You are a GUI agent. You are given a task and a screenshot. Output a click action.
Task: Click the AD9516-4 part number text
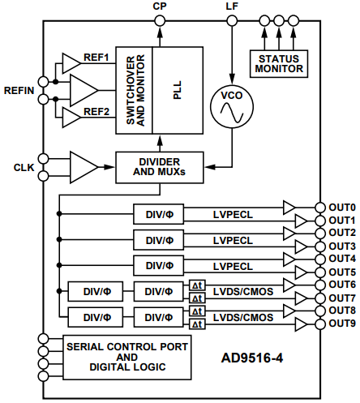(256, 357)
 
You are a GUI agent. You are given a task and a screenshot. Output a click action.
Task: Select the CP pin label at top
(160, 7)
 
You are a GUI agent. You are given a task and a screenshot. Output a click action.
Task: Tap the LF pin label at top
(232, 7)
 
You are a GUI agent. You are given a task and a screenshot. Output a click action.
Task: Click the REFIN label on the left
(19, 90)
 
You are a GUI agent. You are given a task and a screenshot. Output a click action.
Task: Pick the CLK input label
(24, 167)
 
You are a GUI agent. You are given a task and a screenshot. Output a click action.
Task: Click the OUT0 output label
(341, 207)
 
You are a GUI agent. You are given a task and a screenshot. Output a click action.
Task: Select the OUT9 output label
(341, 324)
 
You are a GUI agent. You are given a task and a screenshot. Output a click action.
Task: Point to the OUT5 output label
(341, 272)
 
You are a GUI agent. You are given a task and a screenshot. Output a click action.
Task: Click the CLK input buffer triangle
(82, 166)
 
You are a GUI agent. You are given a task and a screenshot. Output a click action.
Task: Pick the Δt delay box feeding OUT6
(197, 285)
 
